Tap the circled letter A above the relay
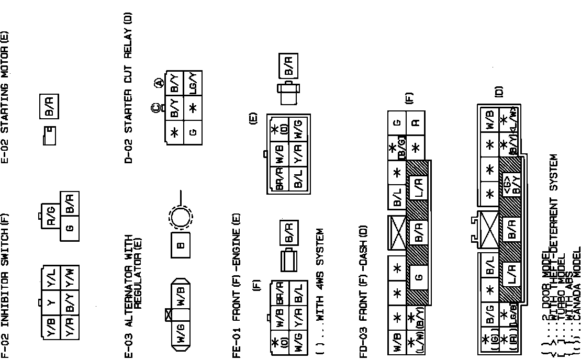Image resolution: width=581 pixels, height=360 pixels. tap(158, 83)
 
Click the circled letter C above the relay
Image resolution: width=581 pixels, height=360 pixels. tap(155, 108)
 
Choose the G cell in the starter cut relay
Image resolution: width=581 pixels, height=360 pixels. tap(193, 132)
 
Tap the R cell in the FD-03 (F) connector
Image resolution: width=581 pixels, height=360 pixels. tap(416, 122)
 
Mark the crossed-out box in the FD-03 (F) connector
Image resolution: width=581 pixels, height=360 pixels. tap(397, 232)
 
